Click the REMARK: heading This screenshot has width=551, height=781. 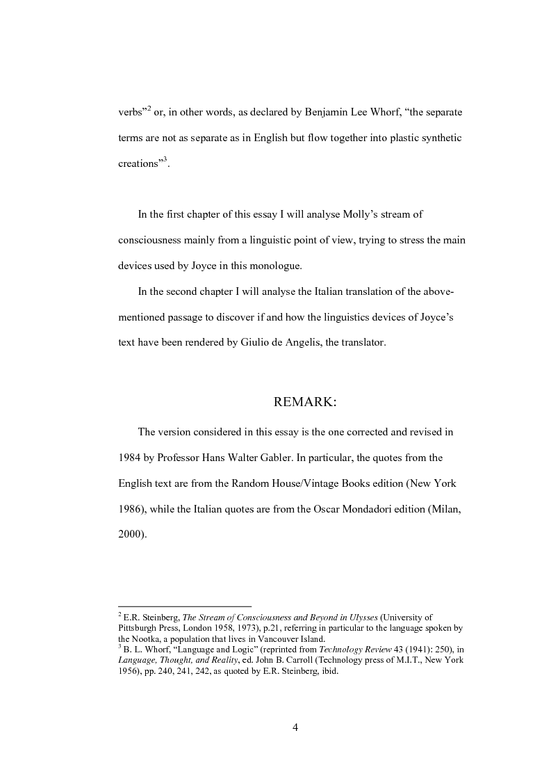(x=305, y=402)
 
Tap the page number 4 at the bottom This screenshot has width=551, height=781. (x=295, y=727)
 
